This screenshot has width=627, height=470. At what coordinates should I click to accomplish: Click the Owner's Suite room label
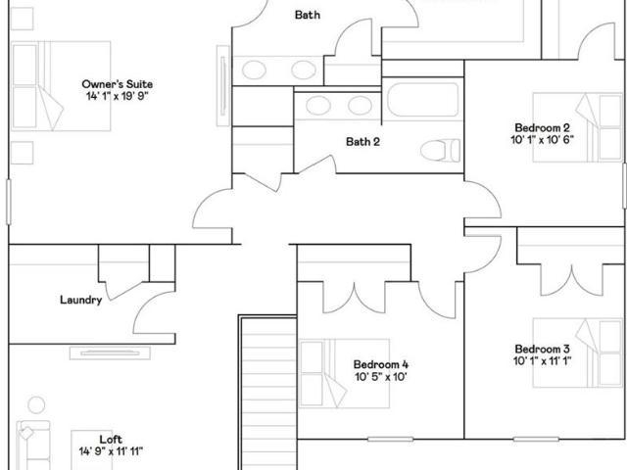click(118, 84)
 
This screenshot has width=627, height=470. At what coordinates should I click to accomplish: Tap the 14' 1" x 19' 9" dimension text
click(118, 96)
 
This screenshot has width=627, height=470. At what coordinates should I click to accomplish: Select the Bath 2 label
click(362, 141)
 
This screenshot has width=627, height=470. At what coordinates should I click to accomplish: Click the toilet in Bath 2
click(440, 150)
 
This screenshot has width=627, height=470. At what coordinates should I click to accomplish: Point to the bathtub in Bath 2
click(422, 100)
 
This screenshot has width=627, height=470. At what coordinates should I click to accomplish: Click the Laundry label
click(80, 300)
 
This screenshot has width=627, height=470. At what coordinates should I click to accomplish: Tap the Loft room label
click(111, 440)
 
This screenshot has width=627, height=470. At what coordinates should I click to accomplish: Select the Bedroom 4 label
click(381, 364)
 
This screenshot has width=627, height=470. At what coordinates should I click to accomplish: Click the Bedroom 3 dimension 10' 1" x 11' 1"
click(542, 361)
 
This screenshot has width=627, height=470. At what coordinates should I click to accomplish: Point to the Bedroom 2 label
click(542, 128)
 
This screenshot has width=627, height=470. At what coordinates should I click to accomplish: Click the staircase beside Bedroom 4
click(268, 394)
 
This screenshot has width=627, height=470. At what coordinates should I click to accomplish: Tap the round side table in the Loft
click(36, 404)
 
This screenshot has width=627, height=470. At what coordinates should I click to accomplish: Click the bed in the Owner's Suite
click(61, 86)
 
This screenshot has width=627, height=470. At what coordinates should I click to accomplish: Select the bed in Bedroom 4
click(344, 374)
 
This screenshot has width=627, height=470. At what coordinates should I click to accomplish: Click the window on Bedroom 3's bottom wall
click(536, 440)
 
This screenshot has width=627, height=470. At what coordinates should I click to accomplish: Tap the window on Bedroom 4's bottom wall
click(390, 440)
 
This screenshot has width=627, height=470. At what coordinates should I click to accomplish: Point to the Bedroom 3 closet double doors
click(572, 280)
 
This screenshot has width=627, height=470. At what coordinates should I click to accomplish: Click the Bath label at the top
click(307, 15)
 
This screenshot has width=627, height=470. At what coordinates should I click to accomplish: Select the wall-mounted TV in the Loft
click(110, 352)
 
